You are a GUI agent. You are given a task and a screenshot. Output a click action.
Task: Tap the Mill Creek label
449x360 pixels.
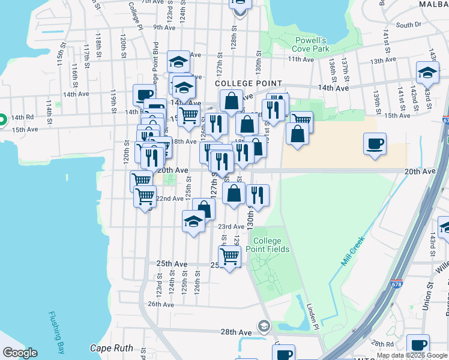click(x=354, y=251)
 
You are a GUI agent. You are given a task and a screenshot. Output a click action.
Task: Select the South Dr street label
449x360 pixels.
click(x=409, y=25)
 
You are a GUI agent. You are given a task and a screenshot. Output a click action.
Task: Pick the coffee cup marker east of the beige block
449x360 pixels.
click(x=375, y=144)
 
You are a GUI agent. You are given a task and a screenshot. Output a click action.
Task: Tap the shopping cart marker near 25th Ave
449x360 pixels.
click(x=230, y=256)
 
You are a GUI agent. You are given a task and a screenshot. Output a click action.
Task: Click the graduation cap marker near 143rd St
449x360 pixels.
click(x=427, y=73)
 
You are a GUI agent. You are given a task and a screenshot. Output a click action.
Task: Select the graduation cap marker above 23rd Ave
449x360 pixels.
click(x=194, y=221)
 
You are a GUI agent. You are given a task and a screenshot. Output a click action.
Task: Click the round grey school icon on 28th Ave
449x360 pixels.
click(x=263, y=326)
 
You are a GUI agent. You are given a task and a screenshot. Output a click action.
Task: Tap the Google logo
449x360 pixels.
click(x=20, y=353)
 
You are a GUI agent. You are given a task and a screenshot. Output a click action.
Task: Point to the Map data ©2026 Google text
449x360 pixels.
click(x=412, y=355)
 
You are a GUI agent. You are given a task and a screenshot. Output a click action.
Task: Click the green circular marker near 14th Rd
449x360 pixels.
click(x=2, y=119)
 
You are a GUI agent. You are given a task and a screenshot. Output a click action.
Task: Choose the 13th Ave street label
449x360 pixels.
click(x=385, y=61)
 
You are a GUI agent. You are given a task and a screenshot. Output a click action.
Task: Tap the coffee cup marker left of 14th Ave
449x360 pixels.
click(x=144, y=95)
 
